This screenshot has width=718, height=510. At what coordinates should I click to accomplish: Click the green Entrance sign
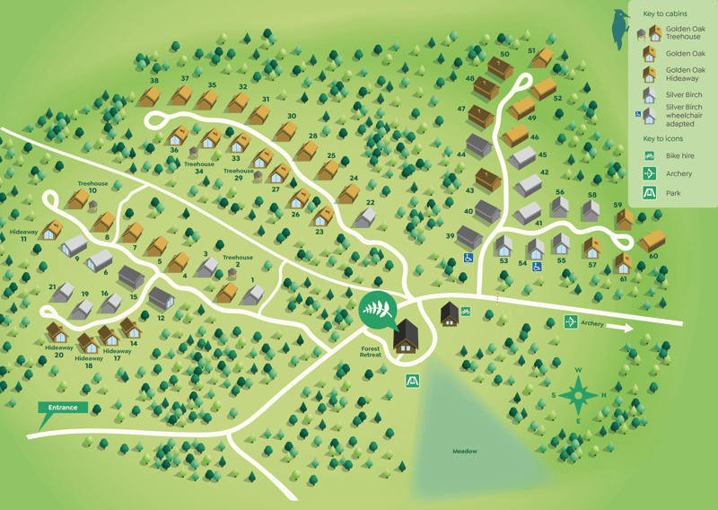click(64, 409)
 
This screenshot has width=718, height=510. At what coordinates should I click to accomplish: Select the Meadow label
click(464, 451)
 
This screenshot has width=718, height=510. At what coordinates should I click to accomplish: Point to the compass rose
click(579, 394)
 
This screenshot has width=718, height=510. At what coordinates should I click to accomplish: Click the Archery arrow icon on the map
click(570, 322)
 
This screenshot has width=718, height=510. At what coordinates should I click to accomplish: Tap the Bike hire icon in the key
click(649, 156)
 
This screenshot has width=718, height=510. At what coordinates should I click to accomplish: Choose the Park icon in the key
click(649, 192)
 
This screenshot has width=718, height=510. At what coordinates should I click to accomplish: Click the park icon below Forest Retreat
click(412, 381)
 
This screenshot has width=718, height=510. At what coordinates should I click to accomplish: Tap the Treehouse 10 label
click(92, 187)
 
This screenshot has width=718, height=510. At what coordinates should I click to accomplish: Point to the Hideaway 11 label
click(24, 235)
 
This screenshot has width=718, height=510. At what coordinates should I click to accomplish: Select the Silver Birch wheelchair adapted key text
click(685, 116)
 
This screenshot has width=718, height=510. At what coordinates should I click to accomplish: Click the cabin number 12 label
click(162, 318)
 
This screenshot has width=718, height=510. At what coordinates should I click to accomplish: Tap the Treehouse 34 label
click(199, 168)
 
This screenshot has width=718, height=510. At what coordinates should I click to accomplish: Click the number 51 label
click(531, 51)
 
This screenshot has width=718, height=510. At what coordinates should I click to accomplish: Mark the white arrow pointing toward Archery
click(620, 328)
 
